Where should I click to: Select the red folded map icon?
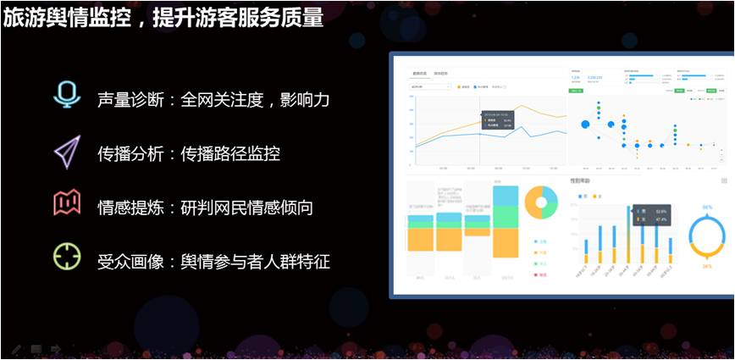click(67, 203)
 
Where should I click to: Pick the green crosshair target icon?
click(67, 257)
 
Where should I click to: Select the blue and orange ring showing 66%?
click(706, 236)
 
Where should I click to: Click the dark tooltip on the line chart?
click(497, 122)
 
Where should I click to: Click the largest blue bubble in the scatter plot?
click(585, 125)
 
